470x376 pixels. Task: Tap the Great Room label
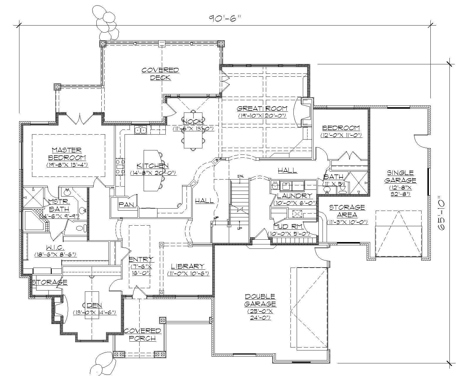click(262, 109)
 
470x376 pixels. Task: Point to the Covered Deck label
click(160, 74)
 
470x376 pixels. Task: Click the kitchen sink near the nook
click(140, 130)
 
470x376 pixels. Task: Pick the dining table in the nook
click(193, 130)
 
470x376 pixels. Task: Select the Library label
click(188, 266)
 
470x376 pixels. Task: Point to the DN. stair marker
click(241, 176)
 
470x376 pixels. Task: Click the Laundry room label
click(295, 196)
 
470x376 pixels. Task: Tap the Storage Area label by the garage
click(347, 211)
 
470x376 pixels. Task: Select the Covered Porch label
click(142, 335)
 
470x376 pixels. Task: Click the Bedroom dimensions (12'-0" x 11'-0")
click(341, 135)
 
